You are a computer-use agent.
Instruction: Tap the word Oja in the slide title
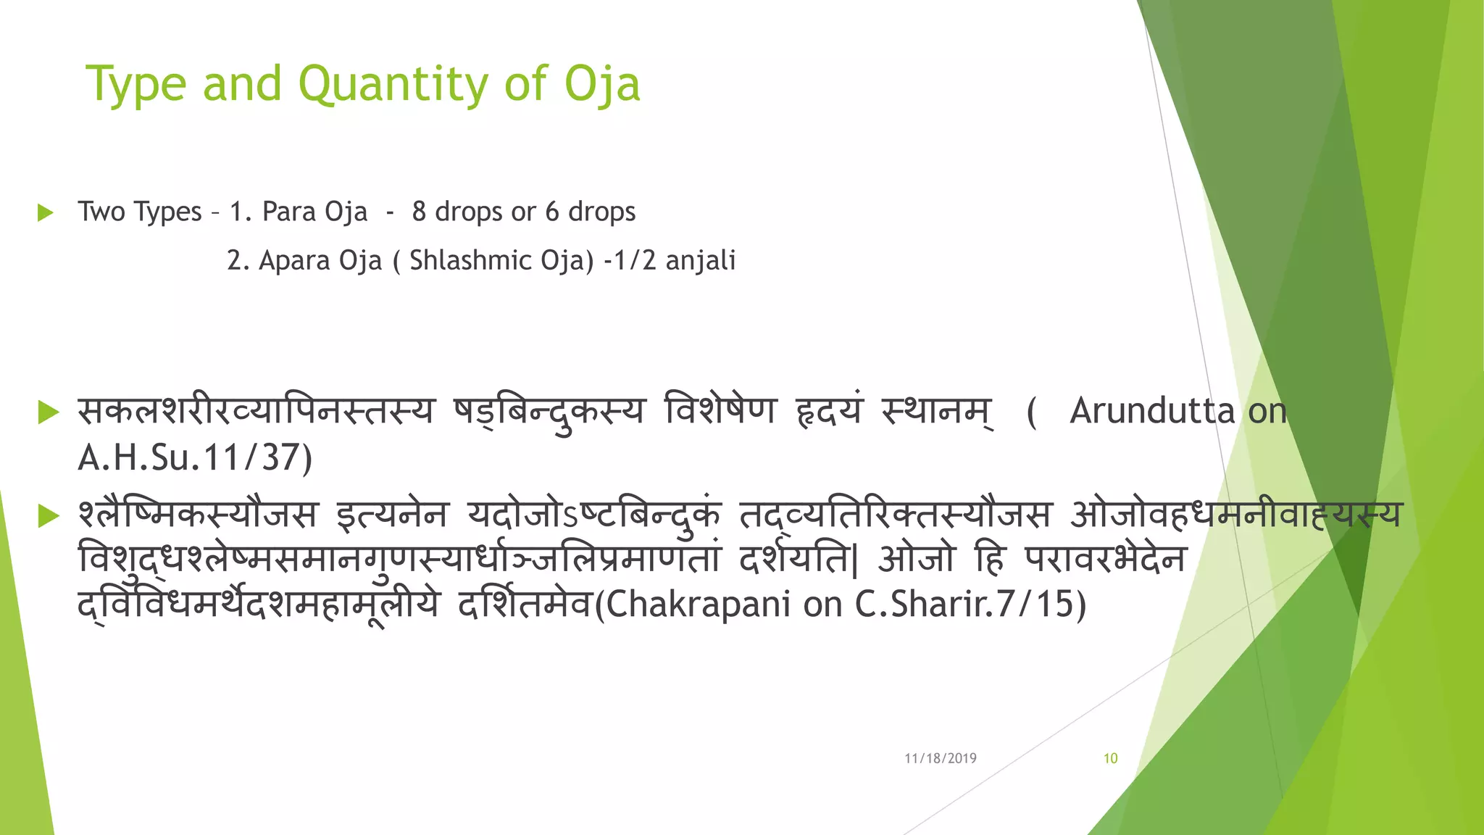pos(602,85)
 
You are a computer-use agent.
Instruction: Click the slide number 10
pos(1110,758)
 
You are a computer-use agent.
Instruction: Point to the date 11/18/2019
pos(940,758)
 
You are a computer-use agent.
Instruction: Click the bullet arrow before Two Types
pos(46,212)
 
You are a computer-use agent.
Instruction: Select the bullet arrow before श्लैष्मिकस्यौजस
pos(48,515)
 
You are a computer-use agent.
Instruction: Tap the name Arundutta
pos(1151,411)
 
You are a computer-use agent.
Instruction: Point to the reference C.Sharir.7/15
pos(964,605)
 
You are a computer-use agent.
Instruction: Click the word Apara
pos(291,260)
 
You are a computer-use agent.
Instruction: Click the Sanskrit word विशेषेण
pos(720,411)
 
